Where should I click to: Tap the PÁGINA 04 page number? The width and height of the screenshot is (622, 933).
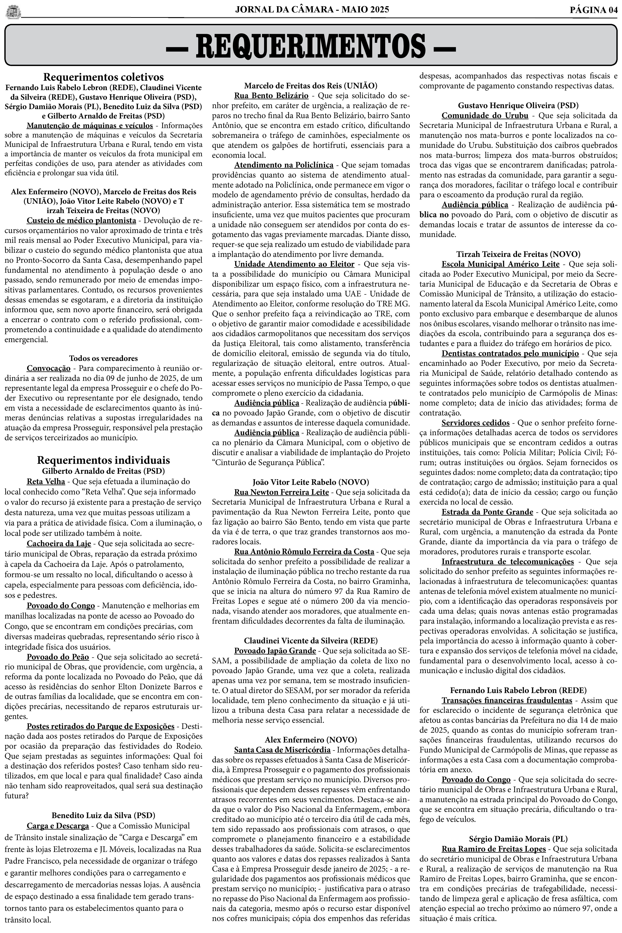(x=593, y=10)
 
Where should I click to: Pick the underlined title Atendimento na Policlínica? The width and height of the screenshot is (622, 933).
(x=284, y=165)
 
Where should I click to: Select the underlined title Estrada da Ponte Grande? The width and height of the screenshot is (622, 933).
(x=487, y=512)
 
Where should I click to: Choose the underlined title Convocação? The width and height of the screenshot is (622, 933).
(x=48, y=369)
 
